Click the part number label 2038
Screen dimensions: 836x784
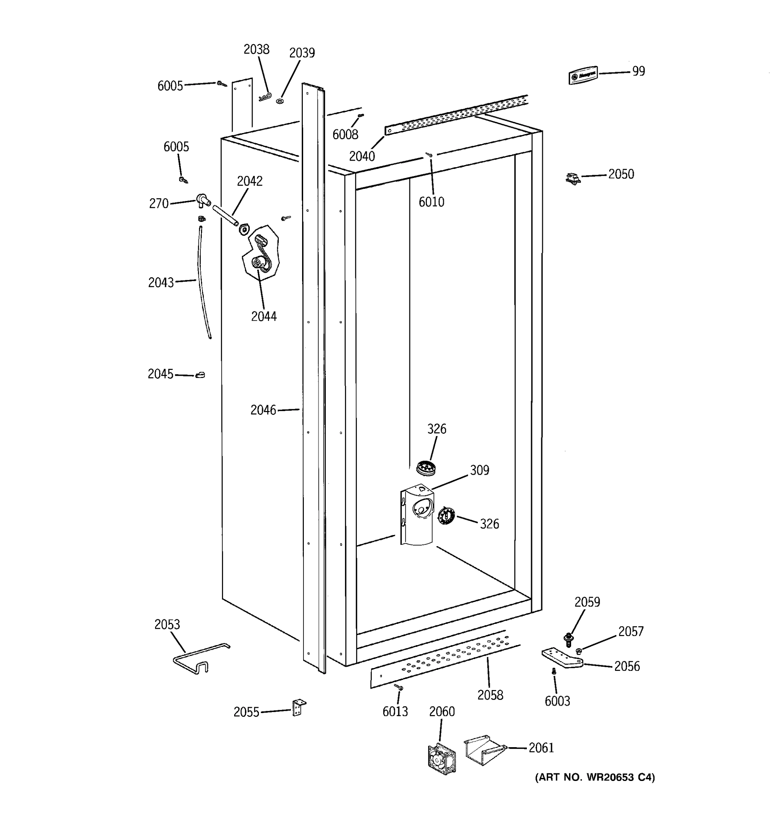pyautogui.click(x=256, y=49)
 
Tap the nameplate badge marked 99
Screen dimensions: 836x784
pyautogui.click(x=583, y=75)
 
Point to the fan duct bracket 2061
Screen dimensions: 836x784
pyautogui.click(x=484, y=750)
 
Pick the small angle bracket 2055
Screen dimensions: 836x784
pyautogui.click(x=299, y=707)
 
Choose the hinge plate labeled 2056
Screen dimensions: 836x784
pyautogui.click(x=561, y=658)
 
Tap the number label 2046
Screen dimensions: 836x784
pyautogui.click(x=263, y=410)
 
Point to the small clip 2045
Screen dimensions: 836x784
pyautogui.click(x=200, y=375)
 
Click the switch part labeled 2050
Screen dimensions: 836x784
pyautogui.click(x=573, y=178)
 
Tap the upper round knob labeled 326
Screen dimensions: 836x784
pyautogui.click(x=425, y=467)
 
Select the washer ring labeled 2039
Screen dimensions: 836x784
pyautogui.click(x=280, y=101)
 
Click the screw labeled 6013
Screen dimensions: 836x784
pyautogui.click(x=399, y=687)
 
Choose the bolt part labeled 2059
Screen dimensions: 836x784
pyautogui.click(x=569, y=640)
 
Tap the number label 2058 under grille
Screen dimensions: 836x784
pyautogui.click(x=490, y=695)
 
